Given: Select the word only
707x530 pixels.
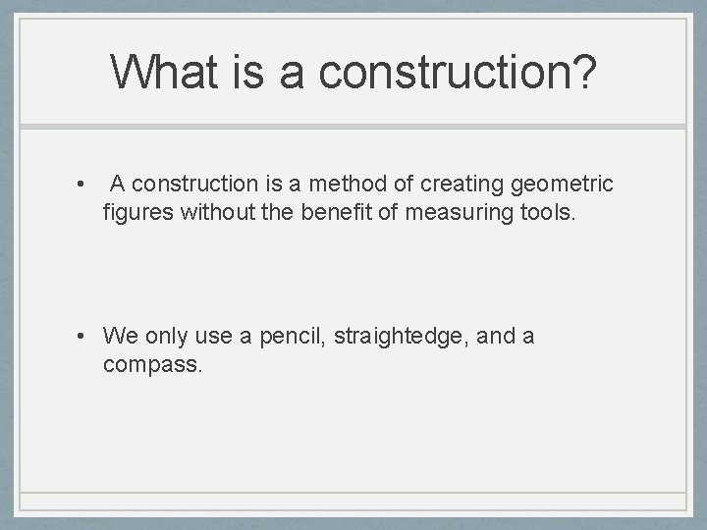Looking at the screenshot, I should [166, 337].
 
